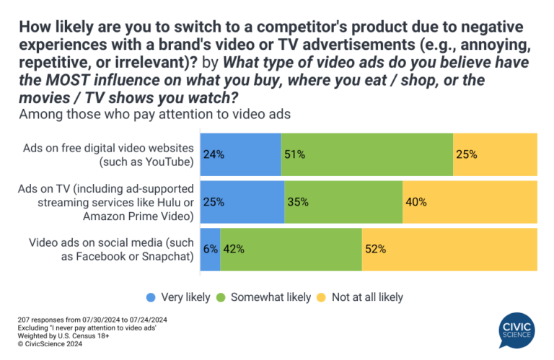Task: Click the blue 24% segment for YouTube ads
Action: (x=240, y=154)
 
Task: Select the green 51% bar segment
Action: (x=367, y=154)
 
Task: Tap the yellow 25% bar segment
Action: (x=495, y=154)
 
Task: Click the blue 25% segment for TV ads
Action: (x=242, y=201)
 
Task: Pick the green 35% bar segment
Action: (x=343, y=201)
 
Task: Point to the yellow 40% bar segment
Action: (x=470, y=201)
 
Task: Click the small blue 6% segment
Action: (x=210, y=249)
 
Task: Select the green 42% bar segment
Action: (x=291, y=249)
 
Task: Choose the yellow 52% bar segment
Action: (x=449, y=249)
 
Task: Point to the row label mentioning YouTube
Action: (x=108, y=154)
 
